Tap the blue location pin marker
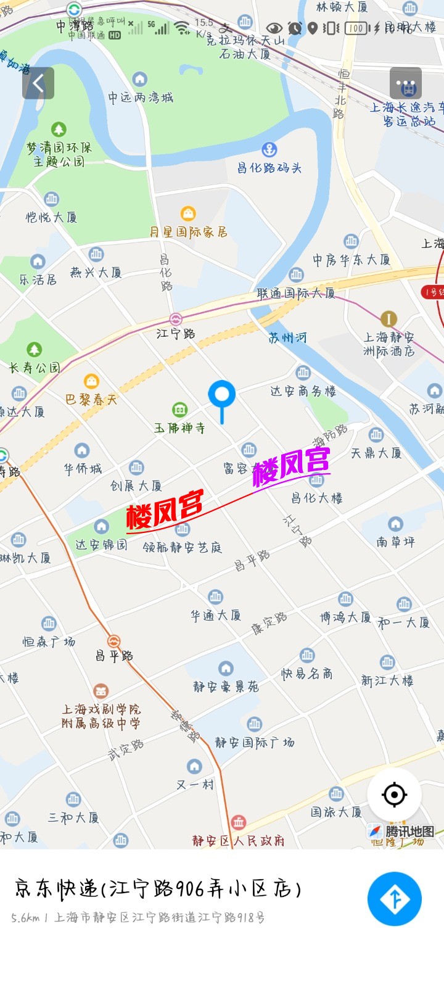222,395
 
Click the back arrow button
38,83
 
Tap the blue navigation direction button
395,899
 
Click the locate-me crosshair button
395,795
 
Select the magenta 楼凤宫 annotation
292,466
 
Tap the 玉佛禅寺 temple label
179,427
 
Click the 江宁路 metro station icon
176,320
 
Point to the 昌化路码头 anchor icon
269,149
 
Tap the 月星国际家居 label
188,232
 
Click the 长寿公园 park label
35,368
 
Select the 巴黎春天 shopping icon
91,381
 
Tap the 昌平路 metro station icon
114,642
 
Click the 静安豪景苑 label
226,687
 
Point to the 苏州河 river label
287,337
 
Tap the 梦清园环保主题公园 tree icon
59,130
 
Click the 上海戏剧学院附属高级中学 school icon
101,691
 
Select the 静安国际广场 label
254,742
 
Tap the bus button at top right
406,83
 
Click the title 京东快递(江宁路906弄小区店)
158,889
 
